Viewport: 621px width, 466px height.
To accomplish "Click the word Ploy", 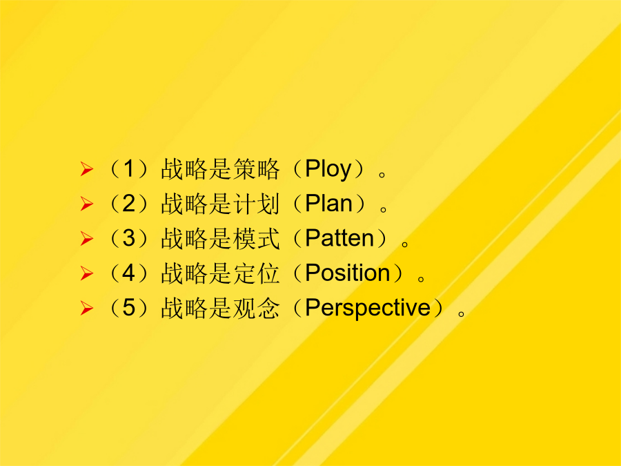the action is (328, 170).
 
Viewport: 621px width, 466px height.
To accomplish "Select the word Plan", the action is (328, 204).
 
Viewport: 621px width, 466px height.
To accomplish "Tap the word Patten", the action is (339, 239).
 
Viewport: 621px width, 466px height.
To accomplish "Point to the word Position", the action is (348, 273).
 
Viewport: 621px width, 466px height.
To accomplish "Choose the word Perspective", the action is (368, 309).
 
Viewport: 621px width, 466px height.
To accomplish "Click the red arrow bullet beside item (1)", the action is (87, 169).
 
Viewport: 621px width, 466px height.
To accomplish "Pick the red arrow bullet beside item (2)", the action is (87, 204).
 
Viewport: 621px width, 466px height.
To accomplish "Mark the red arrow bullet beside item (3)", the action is (87, 239).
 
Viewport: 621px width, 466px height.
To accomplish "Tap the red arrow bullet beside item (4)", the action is (87, 273).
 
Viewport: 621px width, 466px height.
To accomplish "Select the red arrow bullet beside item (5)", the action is (87, 308).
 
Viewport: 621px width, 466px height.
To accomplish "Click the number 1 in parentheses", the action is (128, 168).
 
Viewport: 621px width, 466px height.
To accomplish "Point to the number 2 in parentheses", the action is (129, 203).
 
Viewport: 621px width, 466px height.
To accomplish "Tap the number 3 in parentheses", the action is (129, 238).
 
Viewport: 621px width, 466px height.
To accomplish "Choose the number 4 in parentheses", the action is (129, 273).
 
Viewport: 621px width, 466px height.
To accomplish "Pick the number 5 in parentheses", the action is (129, 308).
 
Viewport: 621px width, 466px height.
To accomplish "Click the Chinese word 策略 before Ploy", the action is (256, 169).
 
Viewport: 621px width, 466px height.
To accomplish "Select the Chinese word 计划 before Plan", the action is (256, 204).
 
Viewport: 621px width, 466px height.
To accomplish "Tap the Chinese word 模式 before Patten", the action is (256, 239).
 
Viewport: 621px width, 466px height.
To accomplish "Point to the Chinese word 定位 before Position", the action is (256, 273).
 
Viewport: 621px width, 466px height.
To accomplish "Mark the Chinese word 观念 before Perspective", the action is (256, 309).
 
